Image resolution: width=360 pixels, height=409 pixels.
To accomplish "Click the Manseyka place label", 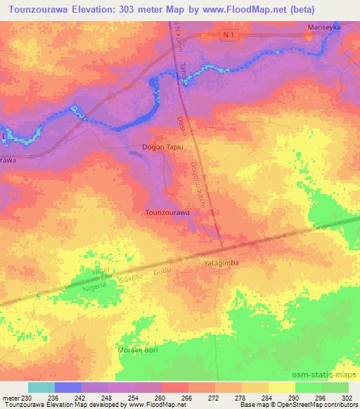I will click(324, 28).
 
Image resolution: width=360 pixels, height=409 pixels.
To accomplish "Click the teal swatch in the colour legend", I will click(41, 387).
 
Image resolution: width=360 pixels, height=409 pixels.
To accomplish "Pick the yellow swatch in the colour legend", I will click(282, 387).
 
